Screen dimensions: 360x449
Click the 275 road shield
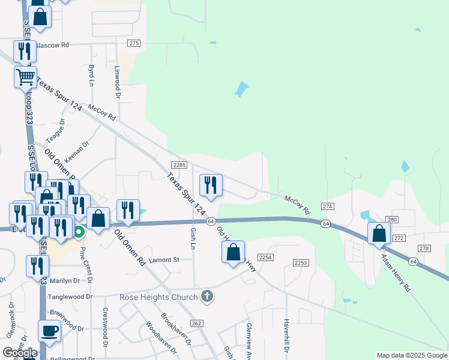coord(134,43)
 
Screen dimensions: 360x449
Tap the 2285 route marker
coord(179,165)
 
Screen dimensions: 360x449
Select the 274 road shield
coord(327,206)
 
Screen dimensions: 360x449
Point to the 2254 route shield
coord(267,257)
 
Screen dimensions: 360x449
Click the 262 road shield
coord(196,323)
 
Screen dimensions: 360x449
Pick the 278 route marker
coord(424,248)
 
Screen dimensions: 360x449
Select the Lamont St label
coord(164,260)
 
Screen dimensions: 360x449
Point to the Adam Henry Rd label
coord(396,272)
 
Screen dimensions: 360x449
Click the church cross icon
coord(207,296)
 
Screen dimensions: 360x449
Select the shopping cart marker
coord(25,76)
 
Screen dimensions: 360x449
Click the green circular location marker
coord(79,231)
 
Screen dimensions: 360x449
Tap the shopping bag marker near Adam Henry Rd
coord(379,233)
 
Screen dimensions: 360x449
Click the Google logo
coord(20,352)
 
